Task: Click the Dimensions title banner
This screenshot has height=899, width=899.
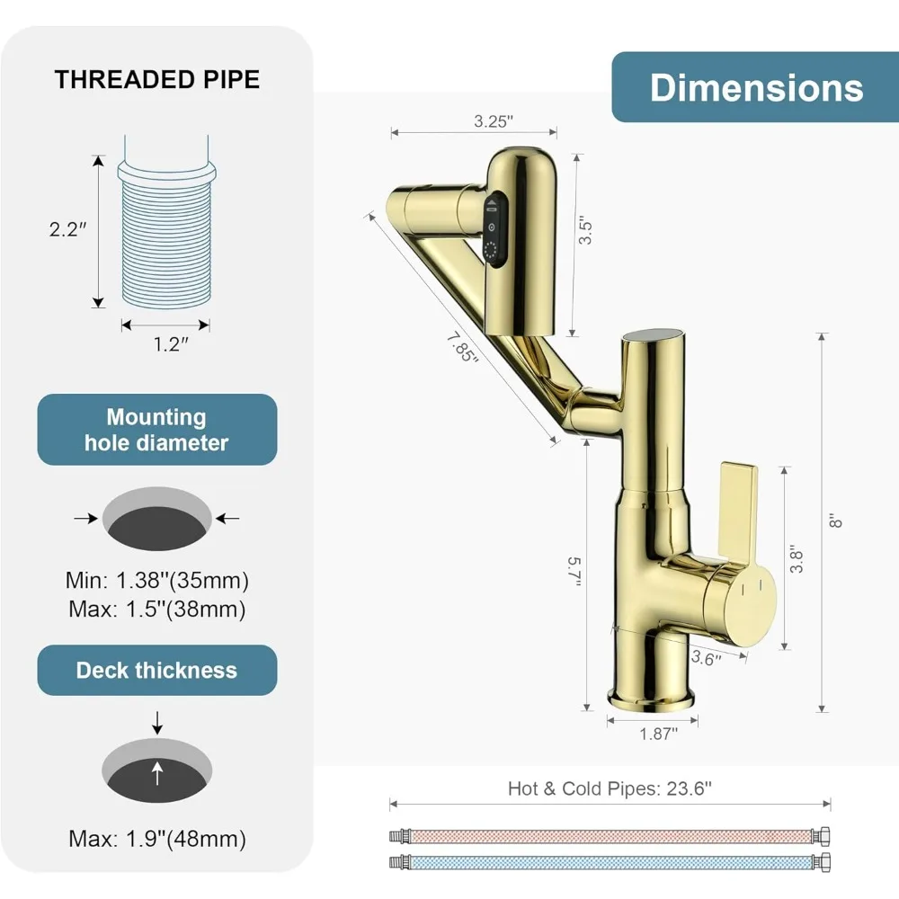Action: pos(755,87)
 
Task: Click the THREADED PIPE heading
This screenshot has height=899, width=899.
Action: pos(157,79)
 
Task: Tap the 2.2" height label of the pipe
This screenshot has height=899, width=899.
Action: pos(68,229)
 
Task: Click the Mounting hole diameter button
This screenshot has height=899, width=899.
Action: pos(157,430)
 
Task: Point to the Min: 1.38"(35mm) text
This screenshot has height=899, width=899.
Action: pos(157,579)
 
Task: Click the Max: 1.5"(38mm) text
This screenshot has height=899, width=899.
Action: pos(157,609)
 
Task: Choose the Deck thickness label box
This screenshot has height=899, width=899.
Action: pos(157,670)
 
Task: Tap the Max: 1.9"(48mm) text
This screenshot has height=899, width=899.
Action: pos(157,840)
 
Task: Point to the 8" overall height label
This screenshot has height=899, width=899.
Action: pos(836,519)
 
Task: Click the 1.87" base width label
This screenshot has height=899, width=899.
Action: pos(654,734)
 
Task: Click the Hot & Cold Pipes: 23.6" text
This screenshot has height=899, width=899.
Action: pos(610,788)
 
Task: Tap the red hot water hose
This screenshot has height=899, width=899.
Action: pos(610,836)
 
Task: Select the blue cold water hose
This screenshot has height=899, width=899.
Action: pos(610,860)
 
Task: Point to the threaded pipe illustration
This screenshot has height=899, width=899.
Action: pos(166,238)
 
